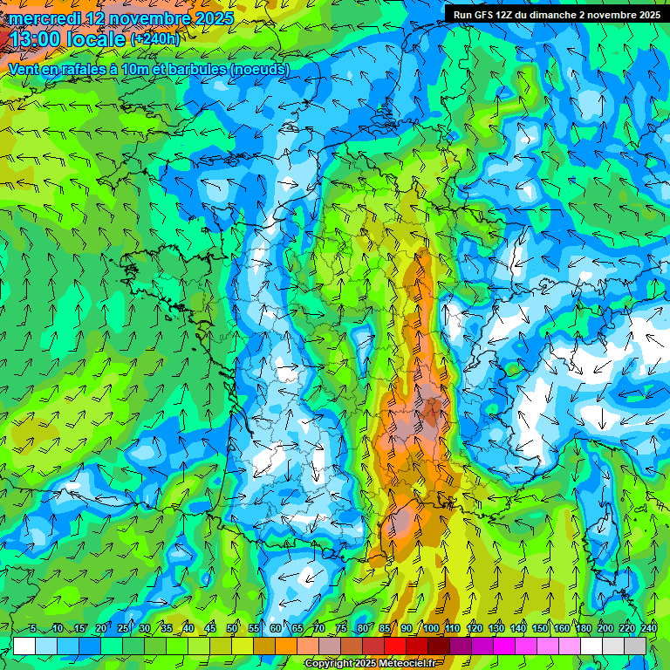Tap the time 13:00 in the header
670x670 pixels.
(40, 39)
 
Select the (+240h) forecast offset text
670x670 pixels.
(155, 39)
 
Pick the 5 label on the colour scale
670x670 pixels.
(33, 629)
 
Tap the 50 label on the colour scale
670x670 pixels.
(232, 629)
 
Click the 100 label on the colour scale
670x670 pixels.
(430, 629)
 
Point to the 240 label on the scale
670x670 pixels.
(649, 629)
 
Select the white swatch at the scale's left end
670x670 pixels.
(24, 646)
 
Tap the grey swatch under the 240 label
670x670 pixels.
(636, 646)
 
